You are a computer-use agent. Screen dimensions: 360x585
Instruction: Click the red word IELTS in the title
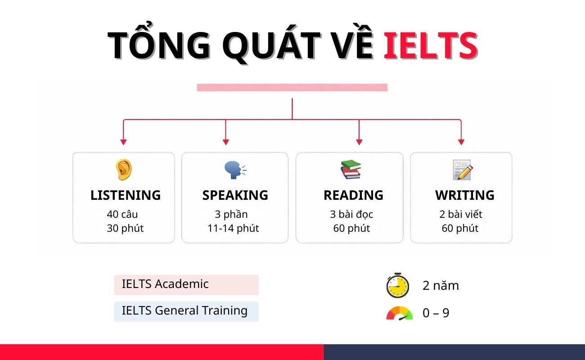[430, 45]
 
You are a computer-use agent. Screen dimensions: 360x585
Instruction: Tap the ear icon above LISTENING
[123, 170]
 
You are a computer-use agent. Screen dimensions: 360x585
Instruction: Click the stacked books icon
[351, 170]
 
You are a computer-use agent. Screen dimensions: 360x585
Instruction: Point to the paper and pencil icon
[462, 170]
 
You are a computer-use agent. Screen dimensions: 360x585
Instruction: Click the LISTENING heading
[125, 195]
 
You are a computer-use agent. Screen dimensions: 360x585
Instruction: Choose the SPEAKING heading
[235, 195]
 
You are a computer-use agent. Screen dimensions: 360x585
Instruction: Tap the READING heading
[353, 195]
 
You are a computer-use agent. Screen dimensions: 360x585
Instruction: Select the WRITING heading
[464, 195]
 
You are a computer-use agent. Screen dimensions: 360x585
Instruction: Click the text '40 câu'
[122, 214]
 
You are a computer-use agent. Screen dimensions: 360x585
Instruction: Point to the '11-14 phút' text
[233, 228]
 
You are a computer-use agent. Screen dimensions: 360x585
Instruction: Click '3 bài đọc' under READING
[351, 214]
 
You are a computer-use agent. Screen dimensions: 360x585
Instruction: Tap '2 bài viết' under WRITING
[461, 214]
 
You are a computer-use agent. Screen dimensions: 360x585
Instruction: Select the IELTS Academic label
[165, 284]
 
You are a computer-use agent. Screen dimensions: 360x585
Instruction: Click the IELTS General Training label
[184, 311]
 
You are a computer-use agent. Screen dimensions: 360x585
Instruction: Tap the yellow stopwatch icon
[397, 285]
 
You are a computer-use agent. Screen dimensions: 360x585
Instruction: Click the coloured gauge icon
[399, 313]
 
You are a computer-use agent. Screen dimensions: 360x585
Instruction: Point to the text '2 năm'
[441, 286]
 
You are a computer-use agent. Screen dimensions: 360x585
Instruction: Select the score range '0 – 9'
[436, 313]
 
